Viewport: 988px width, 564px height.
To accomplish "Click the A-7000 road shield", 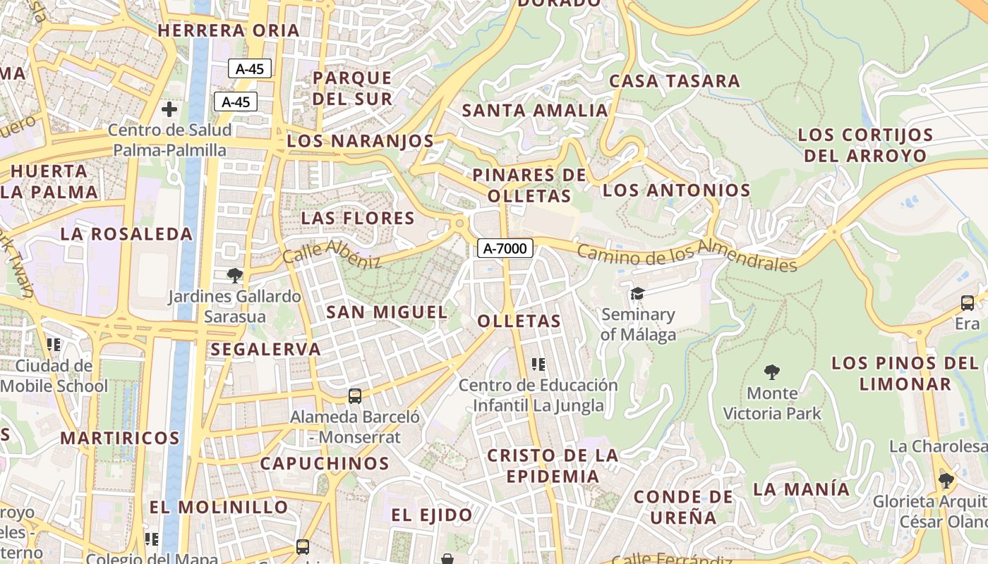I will pos(505,248).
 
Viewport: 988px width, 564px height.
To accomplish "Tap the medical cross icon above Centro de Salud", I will pos(169,109).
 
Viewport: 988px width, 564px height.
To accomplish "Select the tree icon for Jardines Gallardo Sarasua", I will pos(234,276).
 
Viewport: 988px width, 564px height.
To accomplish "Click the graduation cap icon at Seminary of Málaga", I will pos(637,293).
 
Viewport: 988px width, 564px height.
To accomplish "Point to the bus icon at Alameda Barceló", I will pos(354,396).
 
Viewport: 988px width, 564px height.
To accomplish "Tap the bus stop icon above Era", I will pos(967,303).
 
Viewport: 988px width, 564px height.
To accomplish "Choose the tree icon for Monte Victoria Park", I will pos(772,372).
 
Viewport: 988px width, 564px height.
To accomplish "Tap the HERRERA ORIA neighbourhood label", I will pos(229,31).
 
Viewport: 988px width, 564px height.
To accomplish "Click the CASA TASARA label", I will pos(675,81).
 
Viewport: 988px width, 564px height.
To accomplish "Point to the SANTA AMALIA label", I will pos(534,111).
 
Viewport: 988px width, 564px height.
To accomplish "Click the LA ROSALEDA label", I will pos(126,234).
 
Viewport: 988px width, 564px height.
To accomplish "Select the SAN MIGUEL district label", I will pos(387,312).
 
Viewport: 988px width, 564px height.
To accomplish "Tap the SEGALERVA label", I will pos(265,349).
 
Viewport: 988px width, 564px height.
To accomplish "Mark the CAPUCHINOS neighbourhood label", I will pos(325,464).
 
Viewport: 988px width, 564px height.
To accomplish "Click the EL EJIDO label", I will pos(432,515).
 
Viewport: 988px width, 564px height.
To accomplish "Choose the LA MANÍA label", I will pos(801,489).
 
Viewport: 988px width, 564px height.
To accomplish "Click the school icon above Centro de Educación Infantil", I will pos(538,364).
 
